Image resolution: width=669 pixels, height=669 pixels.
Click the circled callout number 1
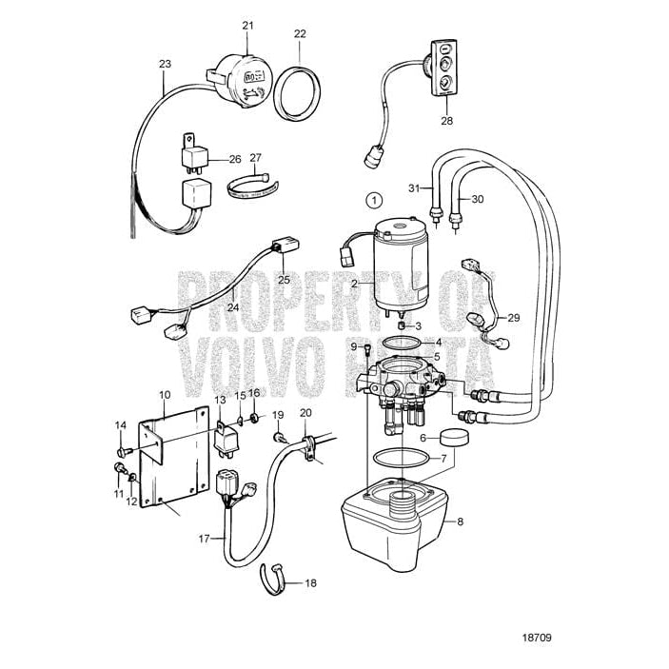(x=374, y=200)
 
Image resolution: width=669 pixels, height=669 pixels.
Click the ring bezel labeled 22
(x=300, y=90)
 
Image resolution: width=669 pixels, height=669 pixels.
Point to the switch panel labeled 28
(x=445, y=69)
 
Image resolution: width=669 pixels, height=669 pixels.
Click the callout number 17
(x=204, y=539)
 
